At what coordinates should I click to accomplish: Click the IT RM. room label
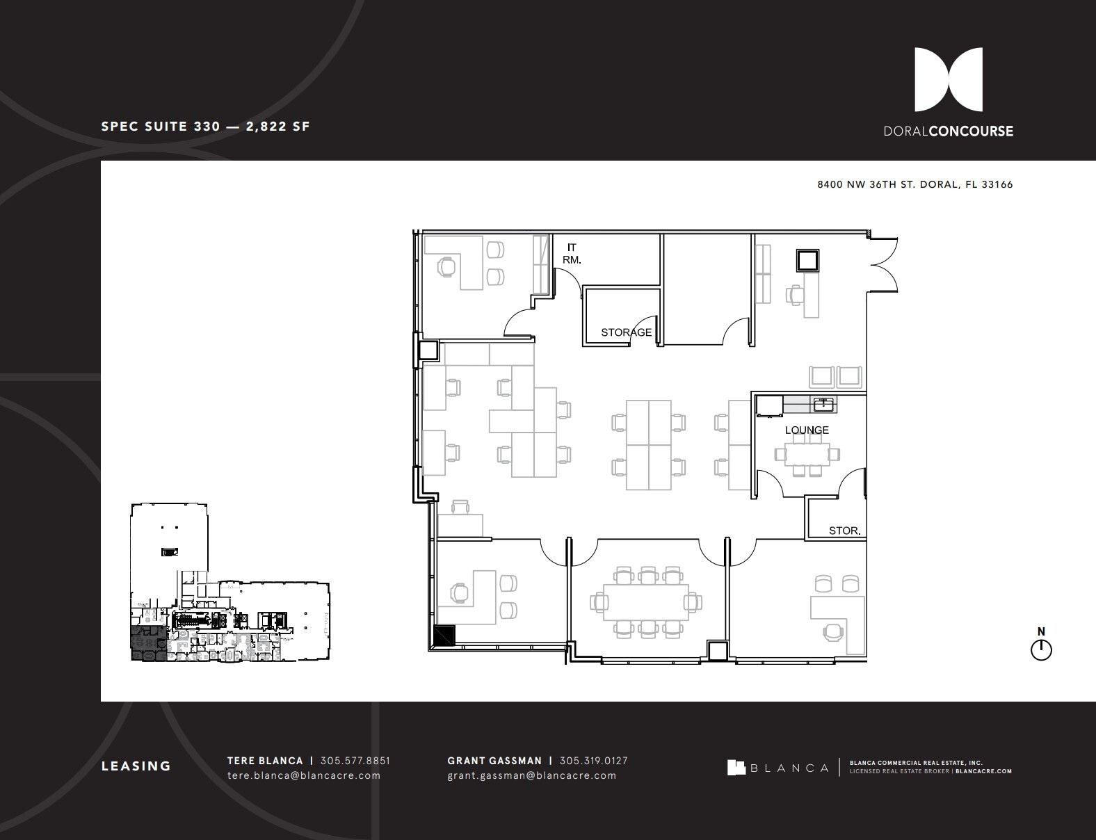572,254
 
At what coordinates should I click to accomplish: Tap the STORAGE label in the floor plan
626,332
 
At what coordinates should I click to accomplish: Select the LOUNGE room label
807,430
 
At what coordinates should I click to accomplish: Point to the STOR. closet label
844,531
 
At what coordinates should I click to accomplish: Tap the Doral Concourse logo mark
948,80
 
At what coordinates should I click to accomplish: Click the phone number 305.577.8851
355,761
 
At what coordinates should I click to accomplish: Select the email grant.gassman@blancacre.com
531,775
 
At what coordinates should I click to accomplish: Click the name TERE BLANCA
265,761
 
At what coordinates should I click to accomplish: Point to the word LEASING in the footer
136,766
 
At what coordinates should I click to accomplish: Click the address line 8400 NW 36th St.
914,185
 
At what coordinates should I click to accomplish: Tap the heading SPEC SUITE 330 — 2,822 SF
205,127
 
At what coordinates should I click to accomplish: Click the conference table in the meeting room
645,602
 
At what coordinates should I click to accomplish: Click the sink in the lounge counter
823,403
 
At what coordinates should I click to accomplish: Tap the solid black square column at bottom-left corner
444,636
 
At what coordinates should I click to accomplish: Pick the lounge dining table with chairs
807,454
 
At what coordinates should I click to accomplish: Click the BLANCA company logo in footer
778,768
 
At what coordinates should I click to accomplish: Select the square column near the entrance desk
807,261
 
